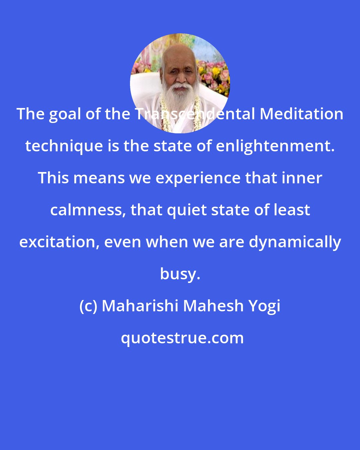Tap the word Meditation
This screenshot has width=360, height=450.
(x=301, y=114)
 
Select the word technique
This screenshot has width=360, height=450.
(x=64, y=146)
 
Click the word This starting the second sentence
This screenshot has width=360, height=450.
(x=55, y=178)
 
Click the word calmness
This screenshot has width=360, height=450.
(x=88, y=210)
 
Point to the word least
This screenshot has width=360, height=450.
(x=293, y=210)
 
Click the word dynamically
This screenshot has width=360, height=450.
(x=295, y=242)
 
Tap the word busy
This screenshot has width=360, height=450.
(x=180, y=274)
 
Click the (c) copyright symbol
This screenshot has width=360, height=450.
(x=88, y=306)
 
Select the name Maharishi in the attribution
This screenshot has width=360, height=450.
(x=140, y=306)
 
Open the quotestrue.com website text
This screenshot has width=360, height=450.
(x=182, y=338)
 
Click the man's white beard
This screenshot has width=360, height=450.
(x=180, y=97)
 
